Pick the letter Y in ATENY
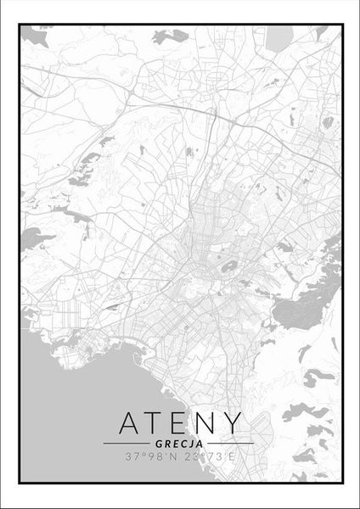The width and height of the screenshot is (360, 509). tap(231, 423)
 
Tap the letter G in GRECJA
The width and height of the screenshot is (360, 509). tap(159, 443)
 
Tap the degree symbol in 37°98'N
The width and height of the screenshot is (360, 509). tap(136, 454)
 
